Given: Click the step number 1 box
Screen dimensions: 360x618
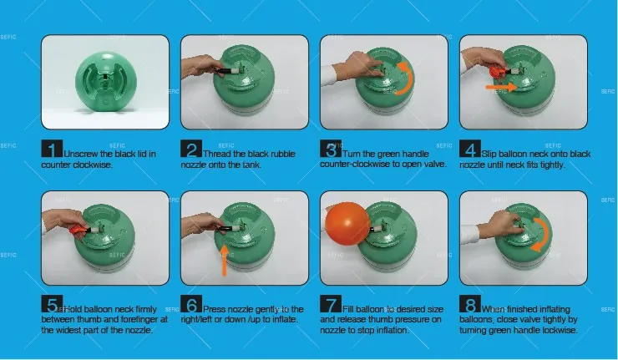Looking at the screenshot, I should coord(52,150).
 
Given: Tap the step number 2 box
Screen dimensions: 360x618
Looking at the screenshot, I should coord(191,150).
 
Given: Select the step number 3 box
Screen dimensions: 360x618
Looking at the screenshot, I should coord(331,150).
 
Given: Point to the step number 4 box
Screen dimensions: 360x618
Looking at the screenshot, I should coord(470,150).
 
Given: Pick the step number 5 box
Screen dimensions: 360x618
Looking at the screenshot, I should coord(52,307).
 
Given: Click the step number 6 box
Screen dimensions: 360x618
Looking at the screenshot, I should coord(191,307).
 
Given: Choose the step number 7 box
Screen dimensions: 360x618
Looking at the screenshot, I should coord(331,307).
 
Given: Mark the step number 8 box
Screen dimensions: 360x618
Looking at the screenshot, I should coord(470,307).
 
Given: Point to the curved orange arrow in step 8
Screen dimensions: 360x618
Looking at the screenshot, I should coord(544,234).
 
